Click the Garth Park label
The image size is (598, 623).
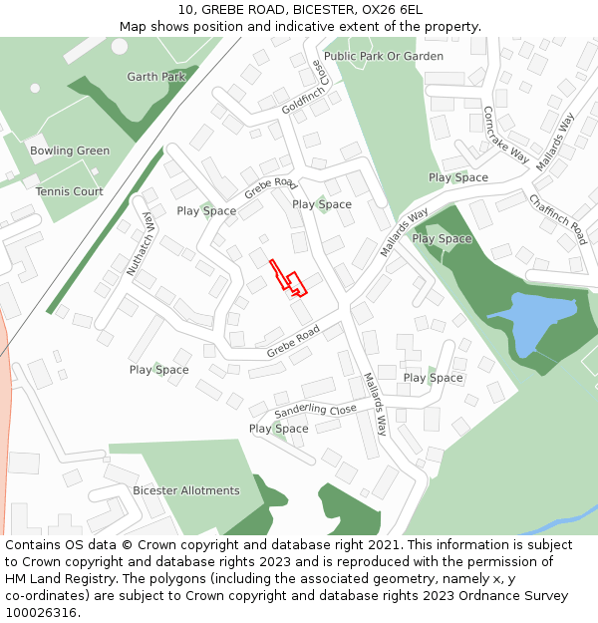[156, 77]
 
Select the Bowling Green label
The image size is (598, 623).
[70, 151]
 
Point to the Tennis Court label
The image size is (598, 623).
[70, 191]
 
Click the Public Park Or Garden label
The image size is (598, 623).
[384, 57]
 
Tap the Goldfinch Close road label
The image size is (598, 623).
[304, 88]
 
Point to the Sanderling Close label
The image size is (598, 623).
[315, 410]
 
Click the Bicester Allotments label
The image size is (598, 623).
[186, 490]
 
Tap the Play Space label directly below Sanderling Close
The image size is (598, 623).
[279, 429]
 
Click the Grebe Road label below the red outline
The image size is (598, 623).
[293, 341]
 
